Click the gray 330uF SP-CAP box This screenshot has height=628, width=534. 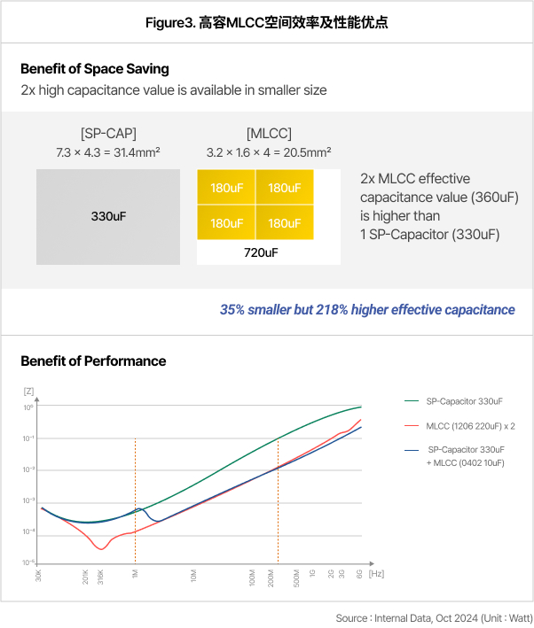(x=109, y=217)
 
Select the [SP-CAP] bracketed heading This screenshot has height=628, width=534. (x=107, y=134)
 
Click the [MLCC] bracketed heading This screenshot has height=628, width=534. (x=268, y=134)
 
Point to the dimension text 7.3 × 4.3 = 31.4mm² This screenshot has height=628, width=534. (x=107, y=153)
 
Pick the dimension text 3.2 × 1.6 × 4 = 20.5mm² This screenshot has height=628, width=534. (x=268, y=153)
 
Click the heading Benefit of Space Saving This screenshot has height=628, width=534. (x=95, y=69)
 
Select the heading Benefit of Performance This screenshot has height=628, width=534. (x=93, y=361)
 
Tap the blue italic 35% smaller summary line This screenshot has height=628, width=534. (x=367, y=310)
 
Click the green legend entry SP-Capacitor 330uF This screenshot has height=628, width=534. (x=463, y=401)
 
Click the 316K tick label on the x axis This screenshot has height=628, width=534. (x=100, y=577)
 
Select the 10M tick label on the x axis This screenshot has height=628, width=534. (x=193, y=576)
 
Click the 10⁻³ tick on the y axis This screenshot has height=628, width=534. (x=27, y=501)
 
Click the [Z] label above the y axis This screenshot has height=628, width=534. (x=28, y=391)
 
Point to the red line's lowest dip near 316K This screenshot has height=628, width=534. (x=102, y=549)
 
